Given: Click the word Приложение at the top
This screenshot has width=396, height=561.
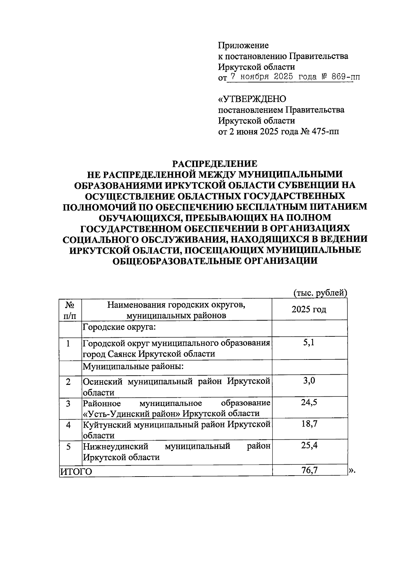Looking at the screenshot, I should click(243, 45).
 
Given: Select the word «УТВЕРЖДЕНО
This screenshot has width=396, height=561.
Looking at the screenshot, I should click(252, 99).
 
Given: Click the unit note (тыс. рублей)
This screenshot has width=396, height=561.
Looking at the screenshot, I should click(320, 293).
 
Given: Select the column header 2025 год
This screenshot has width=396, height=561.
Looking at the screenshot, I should click(309, 309).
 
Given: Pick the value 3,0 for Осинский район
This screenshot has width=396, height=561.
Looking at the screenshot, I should click(309, 381).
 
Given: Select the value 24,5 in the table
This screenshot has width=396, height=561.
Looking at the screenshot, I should click(309, 402).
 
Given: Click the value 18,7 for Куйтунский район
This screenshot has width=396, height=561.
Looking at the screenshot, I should click(309, 424).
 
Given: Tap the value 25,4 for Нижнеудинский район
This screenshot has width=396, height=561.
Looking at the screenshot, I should click(309, 446).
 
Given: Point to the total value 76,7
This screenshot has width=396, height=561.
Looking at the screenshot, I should click(310, 470).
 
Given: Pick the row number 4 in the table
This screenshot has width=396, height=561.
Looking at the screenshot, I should click(68, 425).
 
